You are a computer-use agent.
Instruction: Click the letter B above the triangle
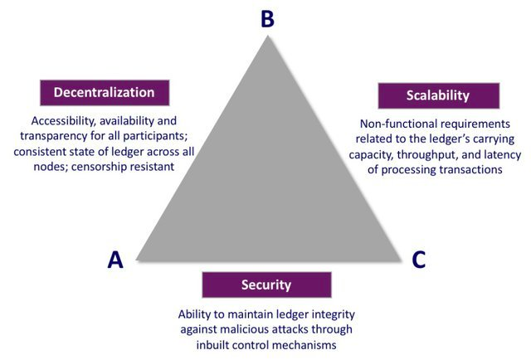(267, 17)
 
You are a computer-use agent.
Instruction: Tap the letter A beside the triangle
(116, 260)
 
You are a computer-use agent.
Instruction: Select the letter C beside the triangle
(419, 260)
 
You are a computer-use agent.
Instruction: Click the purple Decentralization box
(105, 92)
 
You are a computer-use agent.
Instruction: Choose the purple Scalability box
(437, 95)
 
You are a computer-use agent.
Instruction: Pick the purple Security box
(266, 285)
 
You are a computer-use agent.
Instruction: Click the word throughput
(422, 153)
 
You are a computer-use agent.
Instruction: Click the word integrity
(314, 314)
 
